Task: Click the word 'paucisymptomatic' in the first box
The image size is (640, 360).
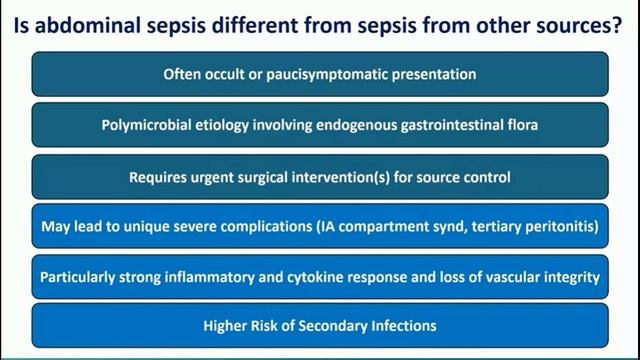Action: (332, 74)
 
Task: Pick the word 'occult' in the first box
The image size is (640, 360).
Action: (225, 74)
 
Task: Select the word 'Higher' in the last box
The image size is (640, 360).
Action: (227, 326)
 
